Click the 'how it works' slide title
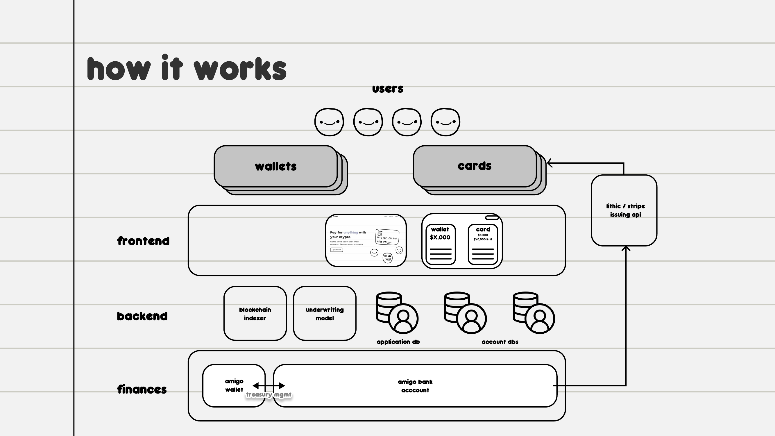[x=187, y=69]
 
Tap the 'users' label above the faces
[x=388, y=89]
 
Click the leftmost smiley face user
[x=329, y=122]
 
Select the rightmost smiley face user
[x=445, y=122]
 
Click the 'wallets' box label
[x=275, y=166]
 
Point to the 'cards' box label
[x=475, y=166]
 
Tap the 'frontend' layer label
[x=143, y=241]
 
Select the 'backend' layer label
[x=142, y=316]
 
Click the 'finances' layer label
[x=142, y=389]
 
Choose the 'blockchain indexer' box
[x=255, y=314]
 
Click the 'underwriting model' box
[x=325, y=314]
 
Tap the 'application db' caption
[x=398, y=342]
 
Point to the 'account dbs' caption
[x=500, y=342]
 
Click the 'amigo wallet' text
[x=234, y=385]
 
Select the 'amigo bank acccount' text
[x=415, y=386]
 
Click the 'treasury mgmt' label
[x=269, y=394]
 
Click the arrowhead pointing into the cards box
[x=550, y=163]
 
